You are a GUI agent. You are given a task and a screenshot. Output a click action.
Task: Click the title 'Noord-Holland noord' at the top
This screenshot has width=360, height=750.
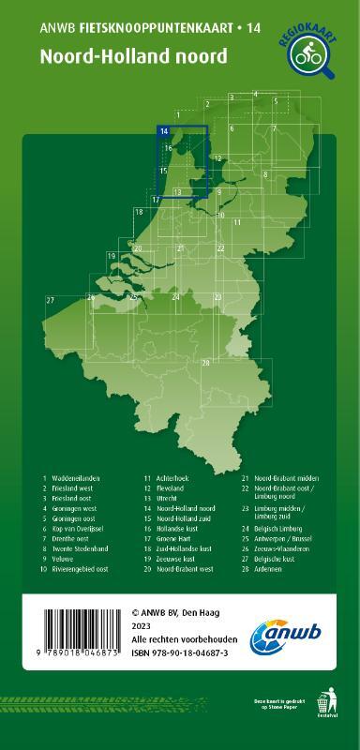[x=132, y=56]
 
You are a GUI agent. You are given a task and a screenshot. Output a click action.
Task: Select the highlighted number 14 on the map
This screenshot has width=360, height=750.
[x=164, y=132]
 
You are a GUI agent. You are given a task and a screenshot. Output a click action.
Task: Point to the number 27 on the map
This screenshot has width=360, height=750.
[x=50, y=299]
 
